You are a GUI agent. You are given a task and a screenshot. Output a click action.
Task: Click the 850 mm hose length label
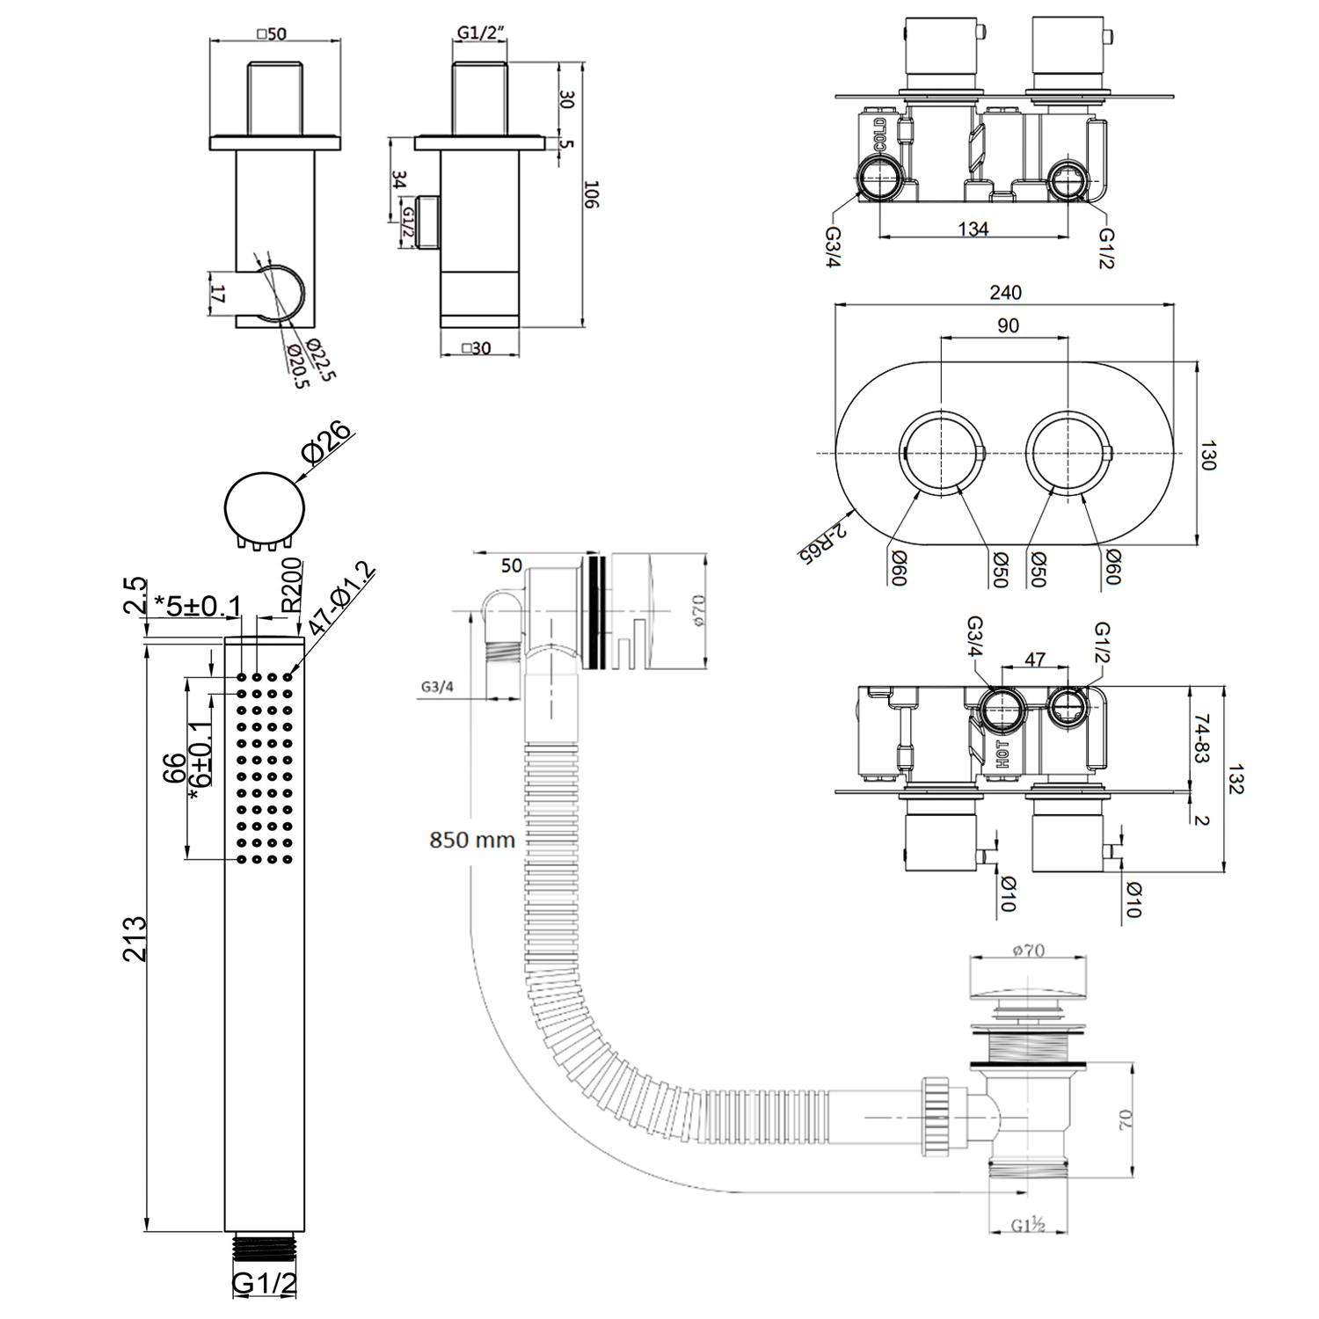(x=471, y=840)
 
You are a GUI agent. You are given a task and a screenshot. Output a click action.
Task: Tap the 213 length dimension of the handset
(x=135, y=937)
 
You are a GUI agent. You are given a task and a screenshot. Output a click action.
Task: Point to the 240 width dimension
(x=1005, y=292)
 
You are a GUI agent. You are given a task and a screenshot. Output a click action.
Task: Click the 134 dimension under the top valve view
(x=973, y=229)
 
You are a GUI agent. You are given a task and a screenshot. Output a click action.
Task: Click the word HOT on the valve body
(x=1002, y=754)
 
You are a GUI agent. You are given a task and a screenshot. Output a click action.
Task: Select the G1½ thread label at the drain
(x=1027, y=1225)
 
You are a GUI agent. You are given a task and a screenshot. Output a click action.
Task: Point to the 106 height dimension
(x=592, y=194)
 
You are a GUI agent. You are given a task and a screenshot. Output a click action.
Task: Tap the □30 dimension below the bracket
(x=477, y=348)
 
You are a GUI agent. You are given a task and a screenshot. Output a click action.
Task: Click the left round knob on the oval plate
(x=941, y=453)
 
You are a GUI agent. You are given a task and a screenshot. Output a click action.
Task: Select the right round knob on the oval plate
(x=1068, y=453)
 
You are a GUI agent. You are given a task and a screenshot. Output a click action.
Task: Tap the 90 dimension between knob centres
(x=1008, y=325)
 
